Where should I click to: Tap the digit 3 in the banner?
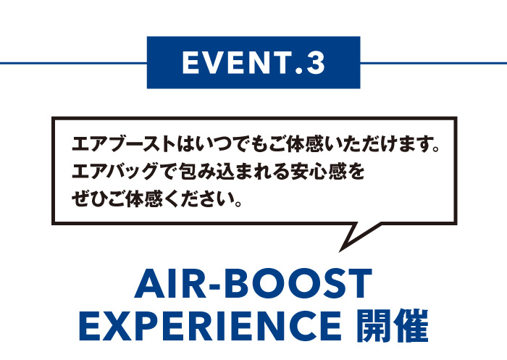(316, 63)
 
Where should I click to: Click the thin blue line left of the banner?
(73, 63)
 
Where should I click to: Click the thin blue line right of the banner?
(434, 63)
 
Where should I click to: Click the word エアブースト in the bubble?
(124, 145)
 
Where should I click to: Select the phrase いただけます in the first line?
(376, 145)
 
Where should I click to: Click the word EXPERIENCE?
(210, 326)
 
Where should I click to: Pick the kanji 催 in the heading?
(411, 326)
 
